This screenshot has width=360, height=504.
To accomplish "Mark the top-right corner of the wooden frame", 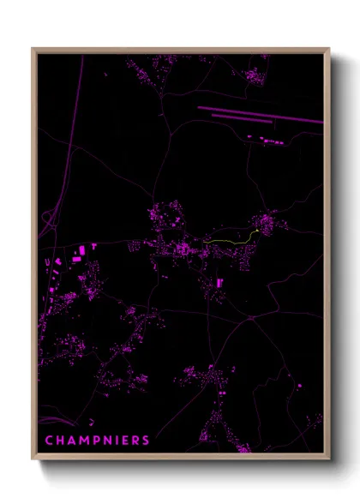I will (329, 49).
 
